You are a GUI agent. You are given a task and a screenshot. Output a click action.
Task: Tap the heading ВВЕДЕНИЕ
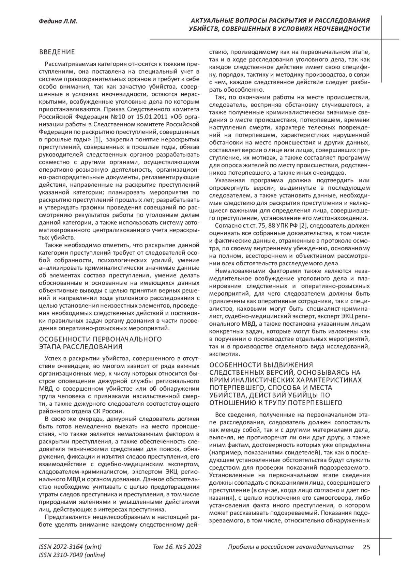click(57, 52)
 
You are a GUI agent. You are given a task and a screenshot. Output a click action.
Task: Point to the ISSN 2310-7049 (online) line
click(72, 555)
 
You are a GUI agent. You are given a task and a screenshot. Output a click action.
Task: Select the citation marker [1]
click(97, 139)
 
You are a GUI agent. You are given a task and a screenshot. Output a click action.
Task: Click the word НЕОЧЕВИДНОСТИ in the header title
click(344, 29)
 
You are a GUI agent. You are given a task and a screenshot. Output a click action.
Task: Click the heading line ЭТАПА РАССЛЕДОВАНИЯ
click(81, 347)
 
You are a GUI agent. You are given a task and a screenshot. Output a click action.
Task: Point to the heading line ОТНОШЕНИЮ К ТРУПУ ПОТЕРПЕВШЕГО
click(276, 403)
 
